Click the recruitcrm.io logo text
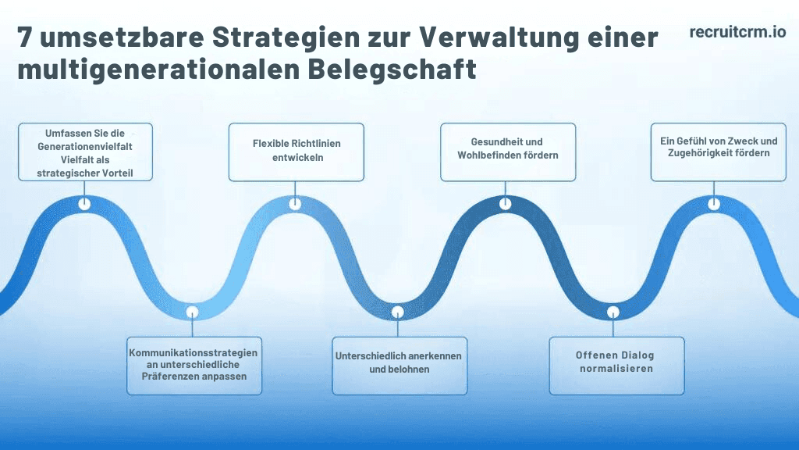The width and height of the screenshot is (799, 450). point(737,32)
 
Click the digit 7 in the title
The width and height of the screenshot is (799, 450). point(27,37)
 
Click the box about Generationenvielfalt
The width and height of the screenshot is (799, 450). point(85,152)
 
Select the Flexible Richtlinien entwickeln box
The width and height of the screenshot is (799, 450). point(296,152)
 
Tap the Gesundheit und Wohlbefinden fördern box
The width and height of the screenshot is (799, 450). point(508,152)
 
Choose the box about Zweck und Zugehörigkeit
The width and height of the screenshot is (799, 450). point(718,152)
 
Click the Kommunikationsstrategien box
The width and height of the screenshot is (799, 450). point(194,365)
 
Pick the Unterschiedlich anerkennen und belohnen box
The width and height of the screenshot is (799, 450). point(399,365)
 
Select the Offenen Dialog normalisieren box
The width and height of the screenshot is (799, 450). point(616,365)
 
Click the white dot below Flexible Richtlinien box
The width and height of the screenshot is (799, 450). point(295,204)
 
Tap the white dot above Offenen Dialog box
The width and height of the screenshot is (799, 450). point(613,312)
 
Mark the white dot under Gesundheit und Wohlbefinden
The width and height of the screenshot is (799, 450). point(506,203)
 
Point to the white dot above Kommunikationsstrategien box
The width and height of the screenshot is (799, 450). point(192,312)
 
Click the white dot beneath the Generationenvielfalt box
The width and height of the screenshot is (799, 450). point(84,204)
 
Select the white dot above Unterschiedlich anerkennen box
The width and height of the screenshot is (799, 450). point(398,312)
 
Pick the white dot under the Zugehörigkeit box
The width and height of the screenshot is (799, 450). point(714,204)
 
